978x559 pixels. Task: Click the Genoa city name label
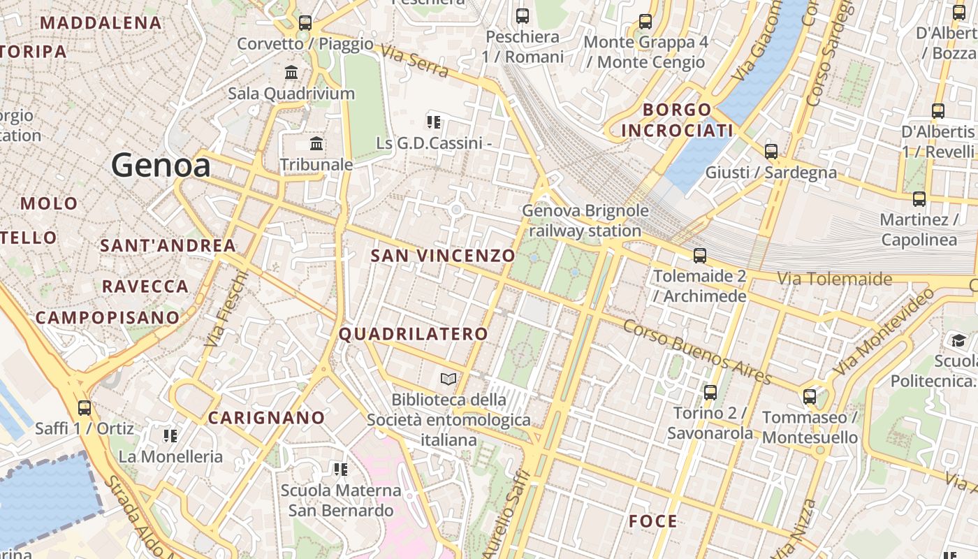[161, 166]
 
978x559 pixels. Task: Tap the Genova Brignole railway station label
[585, 220]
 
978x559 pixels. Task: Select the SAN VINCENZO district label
[443, 256]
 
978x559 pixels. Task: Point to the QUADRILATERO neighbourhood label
[414, 334]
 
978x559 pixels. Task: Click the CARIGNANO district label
[267, 418]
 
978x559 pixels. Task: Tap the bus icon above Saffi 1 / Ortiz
[85, 407]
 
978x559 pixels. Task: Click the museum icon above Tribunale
[316, 144]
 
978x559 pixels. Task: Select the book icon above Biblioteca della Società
[448, 379]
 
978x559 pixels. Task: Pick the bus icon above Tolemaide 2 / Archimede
[700, 256]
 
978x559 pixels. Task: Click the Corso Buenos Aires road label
[697, 352]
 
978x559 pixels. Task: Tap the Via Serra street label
[415, 62]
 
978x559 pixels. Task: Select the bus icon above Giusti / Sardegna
[771, 151]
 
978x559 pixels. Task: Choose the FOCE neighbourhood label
[653, 521]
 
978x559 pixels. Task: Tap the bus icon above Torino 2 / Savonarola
[710, 393]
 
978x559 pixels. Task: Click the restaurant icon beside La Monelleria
[170, 436]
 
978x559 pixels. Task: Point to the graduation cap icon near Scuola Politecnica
[958, 341]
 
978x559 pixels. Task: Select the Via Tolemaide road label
[835, 279]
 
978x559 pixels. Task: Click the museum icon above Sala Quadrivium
[291, 72]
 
